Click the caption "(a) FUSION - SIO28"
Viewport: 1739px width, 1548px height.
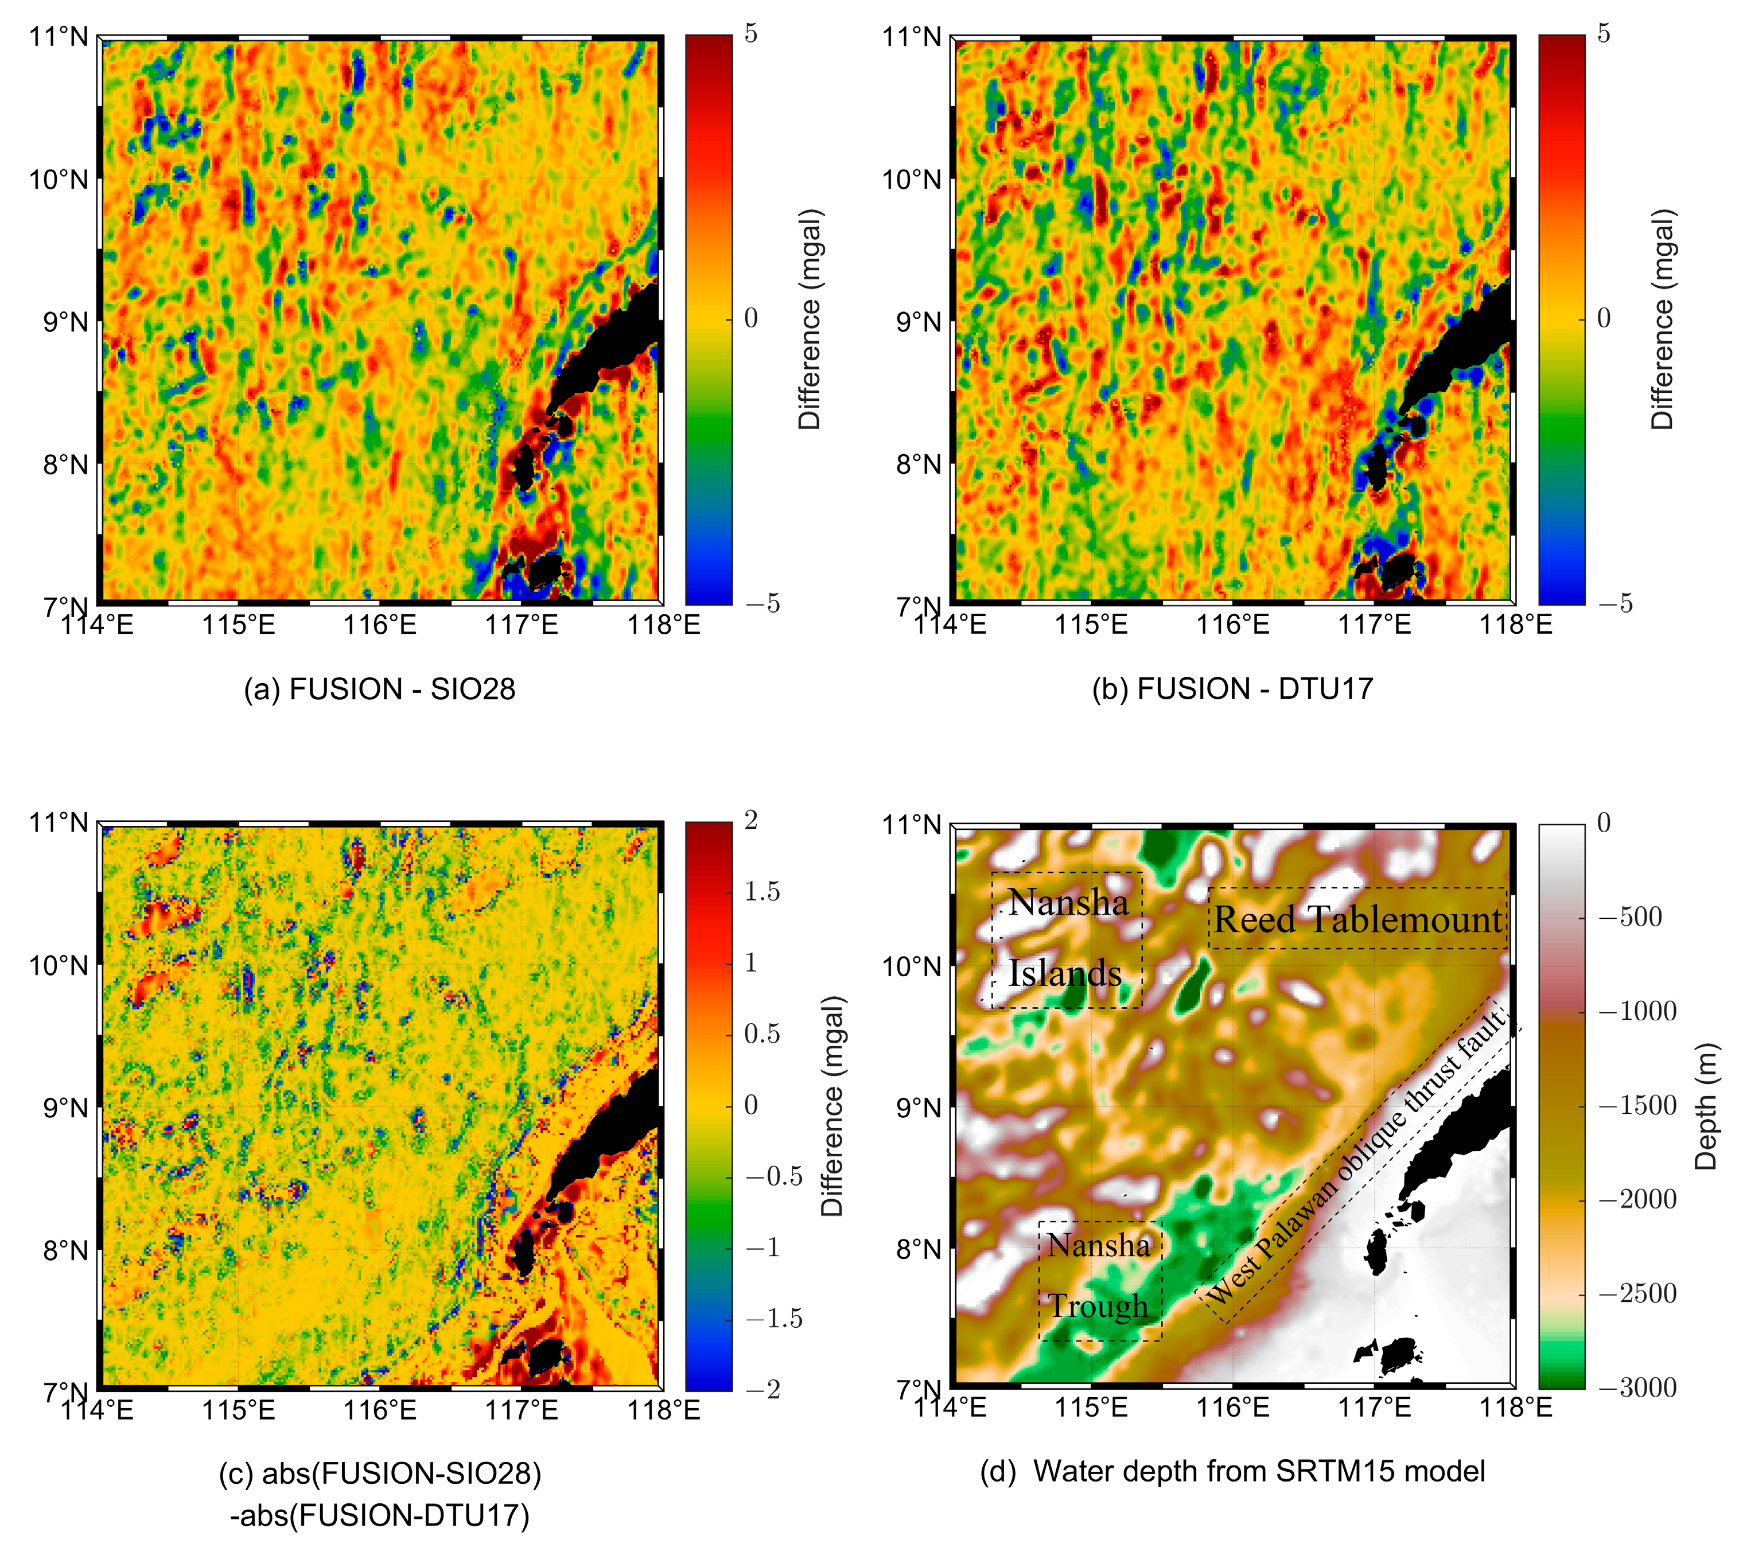(379, 689)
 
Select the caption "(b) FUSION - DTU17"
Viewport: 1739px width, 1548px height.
(1233, 689)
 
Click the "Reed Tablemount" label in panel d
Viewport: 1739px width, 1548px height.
(1358, 919)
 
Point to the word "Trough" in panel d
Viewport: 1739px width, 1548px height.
(1098, 1305)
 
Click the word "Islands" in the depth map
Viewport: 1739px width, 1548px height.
(1065, 973)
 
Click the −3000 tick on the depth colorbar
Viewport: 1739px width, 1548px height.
(1637, 1387)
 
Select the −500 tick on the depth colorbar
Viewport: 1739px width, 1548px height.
(1630, 917)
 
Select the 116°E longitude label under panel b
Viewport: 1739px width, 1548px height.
(1233, 625)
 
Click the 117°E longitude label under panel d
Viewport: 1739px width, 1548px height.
(1375, 1407)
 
